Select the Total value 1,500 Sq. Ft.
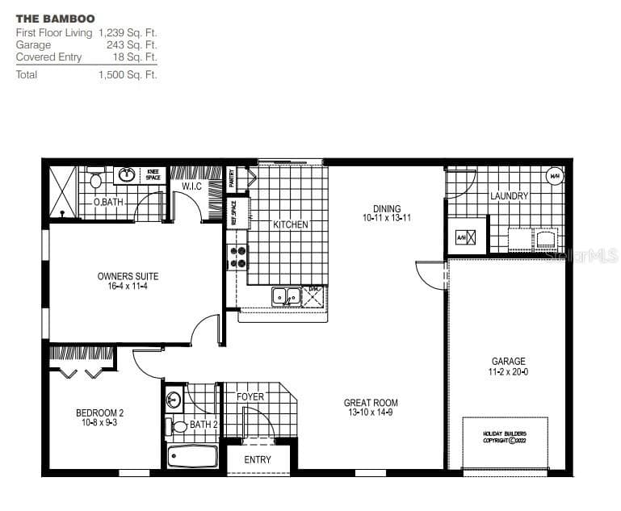click(128, 75)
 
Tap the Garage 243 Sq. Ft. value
click(132, 45)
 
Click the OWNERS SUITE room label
click(128, 277)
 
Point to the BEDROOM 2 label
click(99, 413)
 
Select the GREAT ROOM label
click(371, 403)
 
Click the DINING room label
click(387, 209)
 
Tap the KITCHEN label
click(290, 224)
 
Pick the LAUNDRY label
click(509, 196)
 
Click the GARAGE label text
click(508, 362)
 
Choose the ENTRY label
click(258, 460)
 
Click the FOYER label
click(250, 397)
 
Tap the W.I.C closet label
click(191, 186)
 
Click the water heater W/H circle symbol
click(555, 176)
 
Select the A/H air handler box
click(463, 237)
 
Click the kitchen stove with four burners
click(238, 257)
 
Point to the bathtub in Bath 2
click(192, 457)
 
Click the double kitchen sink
click(285, 296)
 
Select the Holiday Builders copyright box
click(505, 436)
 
